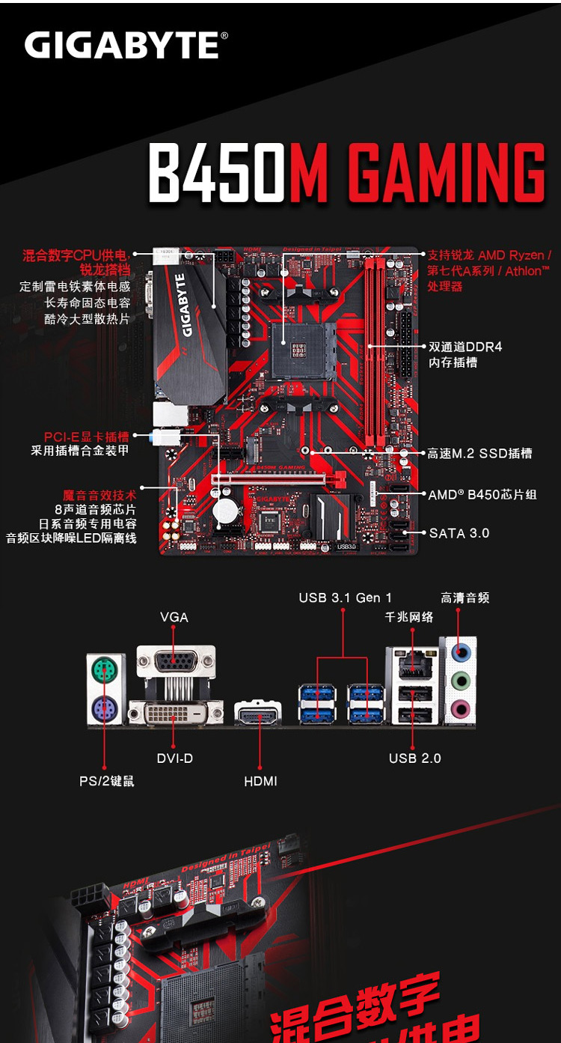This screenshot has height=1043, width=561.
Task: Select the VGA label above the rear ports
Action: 174,617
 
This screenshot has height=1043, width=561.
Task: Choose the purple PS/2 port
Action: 105,708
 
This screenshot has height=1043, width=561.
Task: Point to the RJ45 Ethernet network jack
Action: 414,664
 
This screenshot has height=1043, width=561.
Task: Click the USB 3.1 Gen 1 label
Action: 345,597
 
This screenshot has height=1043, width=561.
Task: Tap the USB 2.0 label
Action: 414,758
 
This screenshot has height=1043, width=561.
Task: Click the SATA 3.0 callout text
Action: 459,533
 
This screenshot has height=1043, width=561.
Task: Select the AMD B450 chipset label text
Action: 482,495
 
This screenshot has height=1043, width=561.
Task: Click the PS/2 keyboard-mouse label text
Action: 107,781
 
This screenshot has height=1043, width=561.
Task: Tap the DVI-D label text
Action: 174,758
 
